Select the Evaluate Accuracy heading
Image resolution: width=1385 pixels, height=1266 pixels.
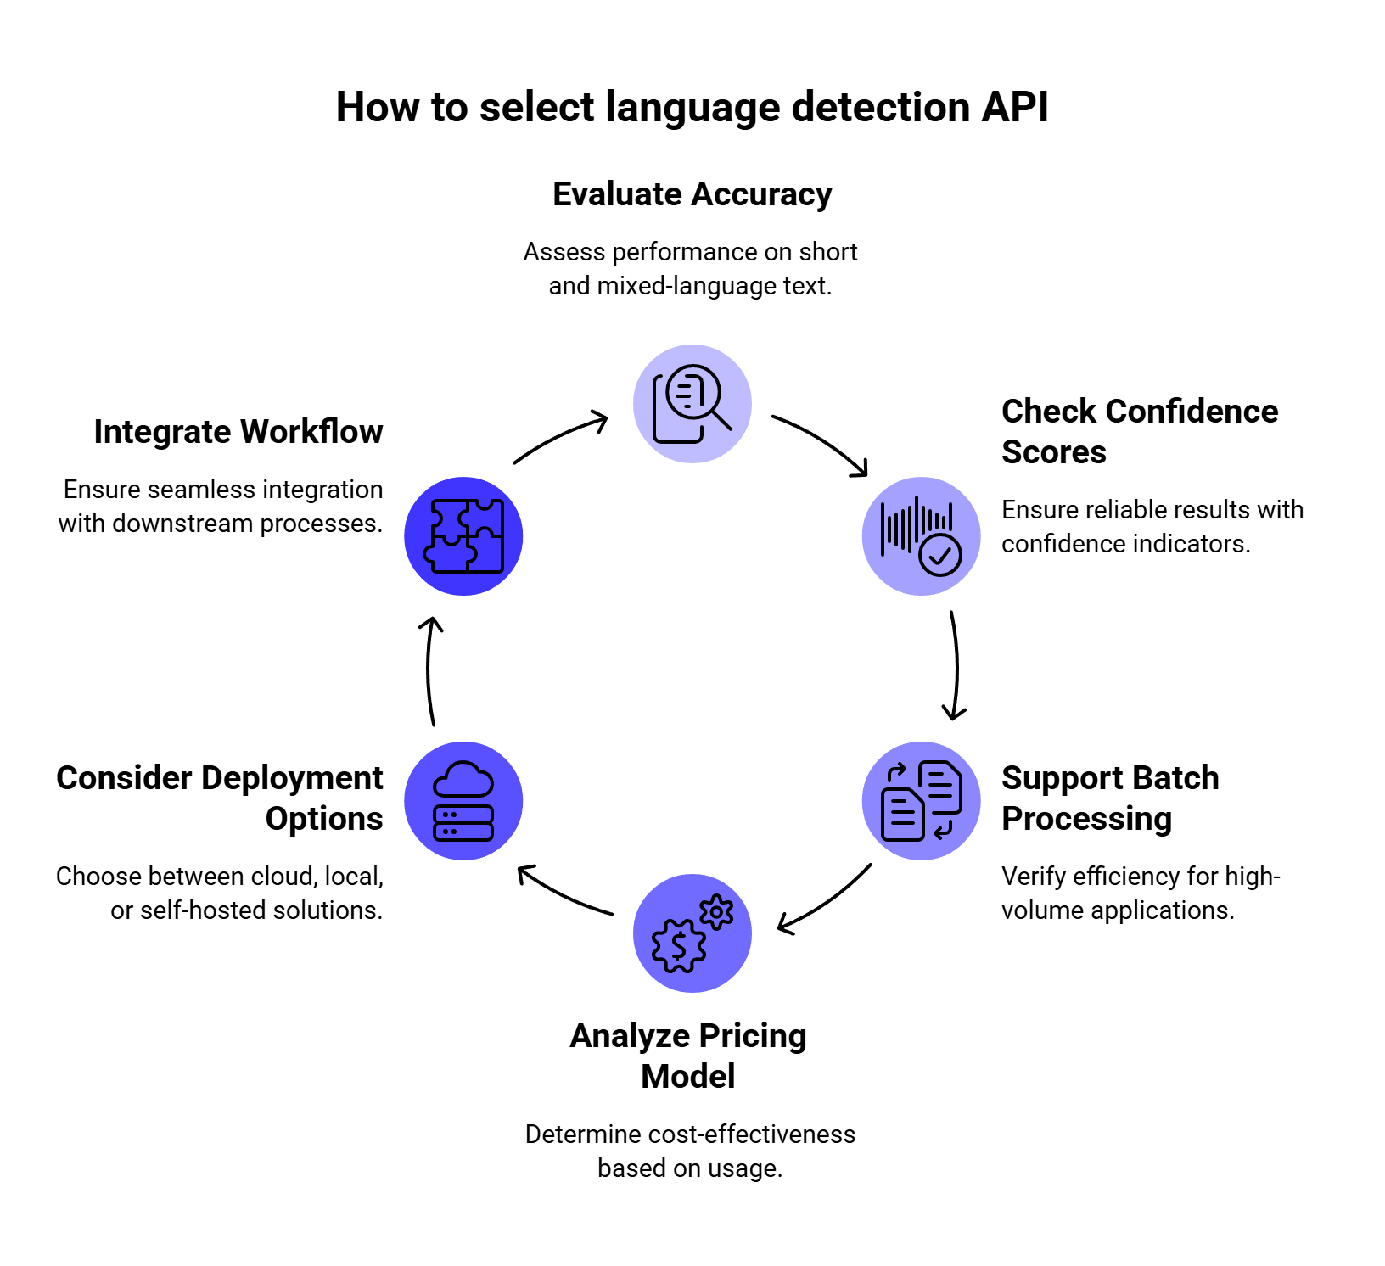pyautogui.click(x=692, y=194)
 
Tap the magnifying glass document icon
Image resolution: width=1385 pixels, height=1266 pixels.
pyautogui.click(x=692, y=404)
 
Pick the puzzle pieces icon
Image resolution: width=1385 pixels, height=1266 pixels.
pyautogui.click(x=463, y=536)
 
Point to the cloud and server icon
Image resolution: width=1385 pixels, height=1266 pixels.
pyautogui.click(x=463, y=801)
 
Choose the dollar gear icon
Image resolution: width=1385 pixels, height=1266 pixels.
pyautogui.click(x=692, y=933)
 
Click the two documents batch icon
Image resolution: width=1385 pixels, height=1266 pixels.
pyautogui.click(x=922, y=801)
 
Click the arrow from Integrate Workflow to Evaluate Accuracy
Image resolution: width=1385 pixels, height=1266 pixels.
pyautogui.click(x=560, y=434)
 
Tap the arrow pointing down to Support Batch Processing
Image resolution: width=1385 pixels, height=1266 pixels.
pyautogui.click(x=956, y=666)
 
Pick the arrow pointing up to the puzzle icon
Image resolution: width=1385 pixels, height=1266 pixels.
pyautogui.click(x=429, y=670)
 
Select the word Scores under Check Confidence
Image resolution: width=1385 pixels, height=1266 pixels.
pyautogui.click(x=1054, y=452)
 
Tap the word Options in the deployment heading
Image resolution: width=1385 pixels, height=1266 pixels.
pyautogui.click(x=324, y=819)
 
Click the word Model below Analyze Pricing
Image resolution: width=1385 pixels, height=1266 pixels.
pyautogui.click(x=688, y=1077)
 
